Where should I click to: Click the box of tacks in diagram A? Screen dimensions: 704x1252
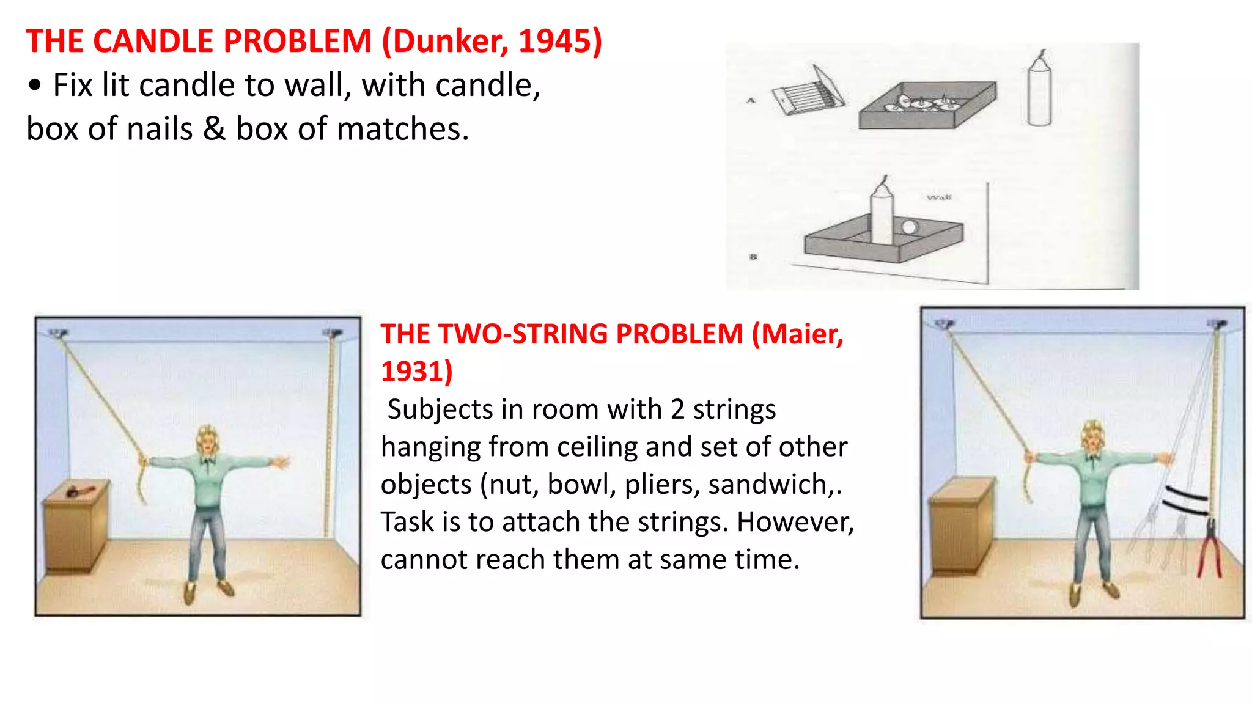(x=927, y=105)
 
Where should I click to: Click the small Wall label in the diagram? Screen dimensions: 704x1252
(x=939, y=197)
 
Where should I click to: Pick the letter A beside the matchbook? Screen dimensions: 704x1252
(x=751, y=100)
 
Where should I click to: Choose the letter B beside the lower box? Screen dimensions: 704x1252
(x=753, y=257)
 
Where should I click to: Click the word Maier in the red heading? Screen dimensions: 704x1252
(x=801, y=334)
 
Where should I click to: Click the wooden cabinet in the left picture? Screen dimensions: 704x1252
(x=75, y=526)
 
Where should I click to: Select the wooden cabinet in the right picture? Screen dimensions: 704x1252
(x=960, y=526)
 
